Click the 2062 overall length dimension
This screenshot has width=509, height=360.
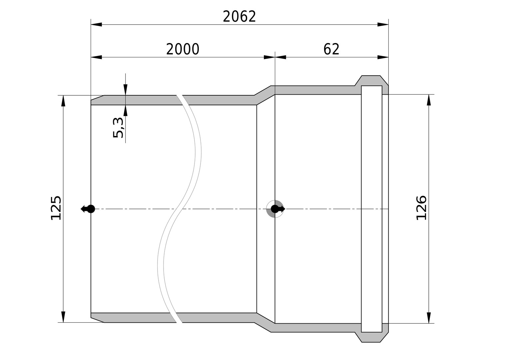239,17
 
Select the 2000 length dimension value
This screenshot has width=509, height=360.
183,49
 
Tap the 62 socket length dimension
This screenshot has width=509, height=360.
331,49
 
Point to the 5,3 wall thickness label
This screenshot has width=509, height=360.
118,128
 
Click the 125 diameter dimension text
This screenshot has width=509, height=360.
56,208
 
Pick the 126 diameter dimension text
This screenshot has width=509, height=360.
421,208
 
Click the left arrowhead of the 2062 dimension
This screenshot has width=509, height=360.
96,25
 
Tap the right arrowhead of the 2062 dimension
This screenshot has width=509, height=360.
383,25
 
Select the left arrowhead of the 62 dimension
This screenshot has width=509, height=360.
280,57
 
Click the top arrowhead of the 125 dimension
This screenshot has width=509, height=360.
63,101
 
